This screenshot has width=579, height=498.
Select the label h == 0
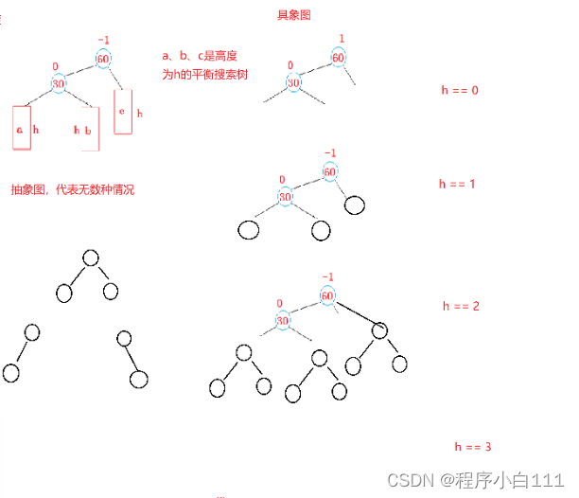[x=461, y=90]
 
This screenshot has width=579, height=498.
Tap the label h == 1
[x=457, y=183]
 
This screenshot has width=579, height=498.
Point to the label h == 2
[x=462, y=306]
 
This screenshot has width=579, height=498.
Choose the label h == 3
[x=472, y=446]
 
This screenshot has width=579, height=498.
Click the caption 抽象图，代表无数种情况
[x=73, y=189]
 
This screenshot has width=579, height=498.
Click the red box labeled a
[x=21, y=129]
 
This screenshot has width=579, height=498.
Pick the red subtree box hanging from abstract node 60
[x=123, y=112]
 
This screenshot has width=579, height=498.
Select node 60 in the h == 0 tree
[x=338, y=57]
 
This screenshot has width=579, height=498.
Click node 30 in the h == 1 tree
[x=286, y=196]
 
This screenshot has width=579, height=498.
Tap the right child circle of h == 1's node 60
[x=355, y=205]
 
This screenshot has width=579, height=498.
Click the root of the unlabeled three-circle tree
[x=91, y=258]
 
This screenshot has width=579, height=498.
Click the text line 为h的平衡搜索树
[x=203, y=74]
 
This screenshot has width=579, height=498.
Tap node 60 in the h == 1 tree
[x=329, y=171]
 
